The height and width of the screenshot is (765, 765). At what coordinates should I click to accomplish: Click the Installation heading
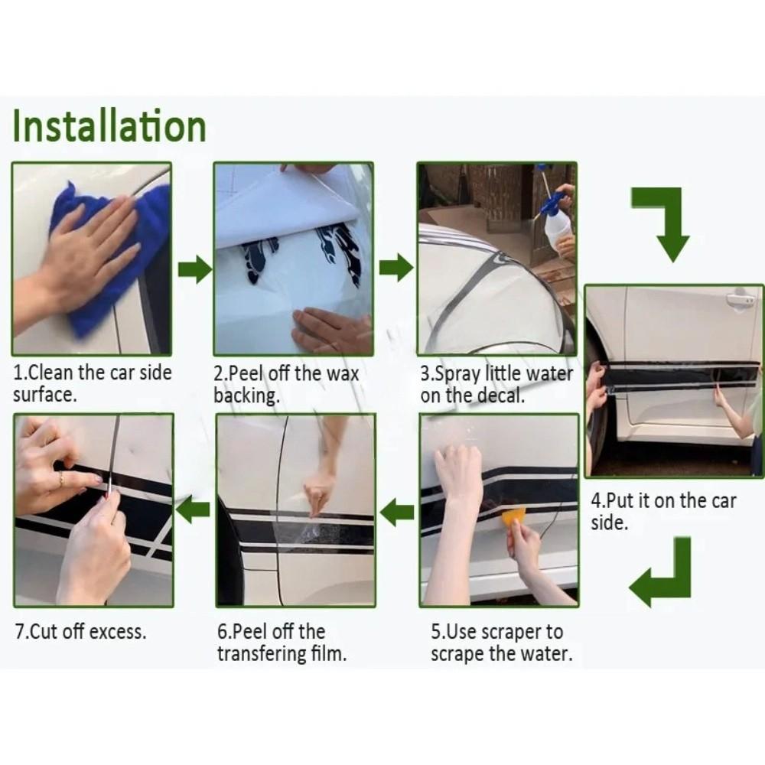coord(109,126)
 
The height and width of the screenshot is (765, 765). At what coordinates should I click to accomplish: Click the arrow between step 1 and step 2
coord(194,269)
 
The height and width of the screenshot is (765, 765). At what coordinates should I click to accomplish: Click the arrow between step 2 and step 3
coord(396,267)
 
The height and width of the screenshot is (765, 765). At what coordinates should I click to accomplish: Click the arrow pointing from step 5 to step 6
coord(396,512)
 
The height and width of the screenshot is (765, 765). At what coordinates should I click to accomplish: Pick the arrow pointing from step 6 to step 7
coord(194,509)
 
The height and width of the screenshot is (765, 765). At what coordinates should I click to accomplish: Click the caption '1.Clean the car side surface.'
coord(93,383)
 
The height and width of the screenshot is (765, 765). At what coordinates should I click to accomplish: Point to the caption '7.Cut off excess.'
coord(80,631)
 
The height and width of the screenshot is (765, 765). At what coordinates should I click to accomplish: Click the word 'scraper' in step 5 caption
coord(513,633)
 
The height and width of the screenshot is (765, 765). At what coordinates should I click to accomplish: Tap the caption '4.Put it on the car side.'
coord(663,511)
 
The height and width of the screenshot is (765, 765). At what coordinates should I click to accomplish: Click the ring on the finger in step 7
coord(60,479)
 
